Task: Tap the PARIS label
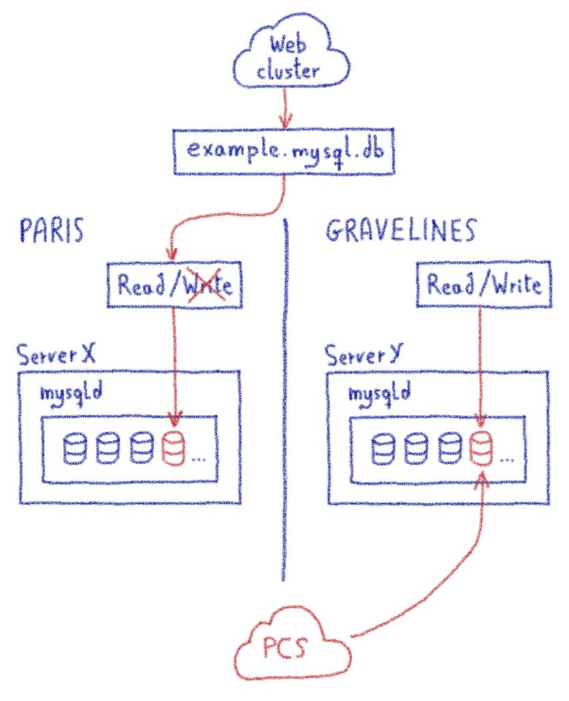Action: point(52,232)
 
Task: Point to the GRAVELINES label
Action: point(399,232)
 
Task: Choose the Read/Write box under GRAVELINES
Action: point(484,285)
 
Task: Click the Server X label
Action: point(57,355)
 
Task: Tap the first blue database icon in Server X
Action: point(75,449)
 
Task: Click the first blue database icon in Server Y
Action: point(382,449)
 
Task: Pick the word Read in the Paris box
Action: point(140,285)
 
